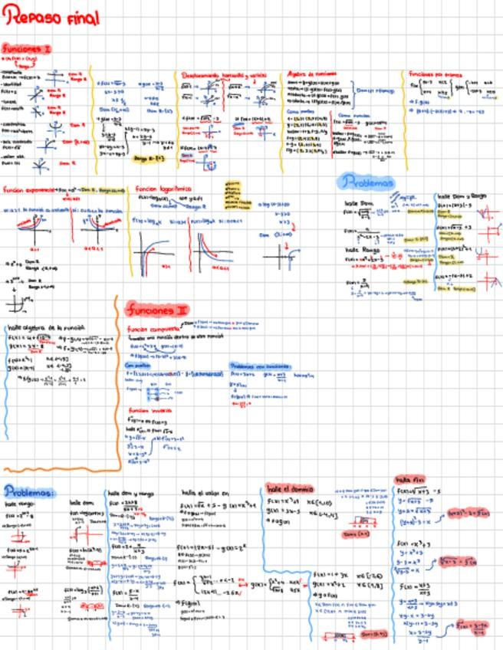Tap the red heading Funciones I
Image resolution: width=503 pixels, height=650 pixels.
click(x=26, y=48)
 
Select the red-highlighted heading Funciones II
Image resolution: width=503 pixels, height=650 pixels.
click(x=157, y=310)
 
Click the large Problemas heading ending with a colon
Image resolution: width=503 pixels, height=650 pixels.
click(x=29, y=491)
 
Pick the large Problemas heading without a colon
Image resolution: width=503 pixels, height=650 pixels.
click(x=367, y=182)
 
